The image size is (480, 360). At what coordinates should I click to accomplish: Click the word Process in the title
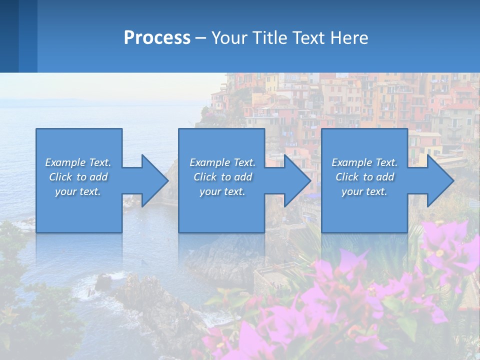[x=157, y=38]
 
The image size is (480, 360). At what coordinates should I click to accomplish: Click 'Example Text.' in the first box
[x=78, y=162]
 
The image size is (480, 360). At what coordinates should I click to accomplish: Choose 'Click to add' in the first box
[x=78, y=177]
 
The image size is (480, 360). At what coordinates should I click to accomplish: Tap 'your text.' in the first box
[x=78, y=191]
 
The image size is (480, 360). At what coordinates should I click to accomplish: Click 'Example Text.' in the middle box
[x=222, y=162]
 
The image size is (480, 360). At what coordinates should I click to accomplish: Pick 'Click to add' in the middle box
[x=222, y=177]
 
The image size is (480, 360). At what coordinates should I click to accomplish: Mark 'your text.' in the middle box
[x=222, y=191]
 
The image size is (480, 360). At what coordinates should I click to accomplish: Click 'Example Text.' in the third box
[x=364, y=162]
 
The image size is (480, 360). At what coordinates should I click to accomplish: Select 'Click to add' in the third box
[x=364, y=177]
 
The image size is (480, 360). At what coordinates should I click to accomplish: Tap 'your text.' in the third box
[x=364, y=191]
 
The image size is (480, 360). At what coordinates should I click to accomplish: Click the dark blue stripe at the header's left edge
[x=9, y=36]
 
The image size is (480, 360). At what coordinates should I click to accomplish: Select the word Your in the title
[x=227, y=38]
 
